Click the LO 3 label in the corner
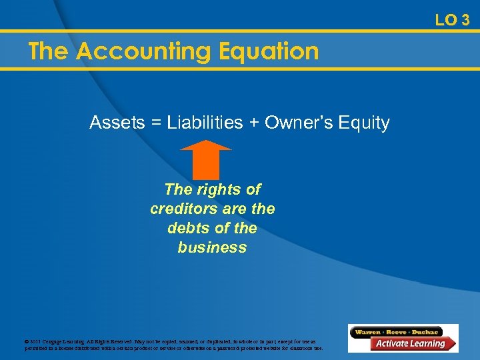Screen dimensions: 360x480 pos(452,20)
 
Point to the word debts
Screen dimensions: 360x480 pos(189,228)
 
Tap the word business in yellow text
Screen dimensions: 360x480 pos(212,247)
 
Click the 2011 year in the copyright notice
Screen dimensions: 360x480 pos(35,341)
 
